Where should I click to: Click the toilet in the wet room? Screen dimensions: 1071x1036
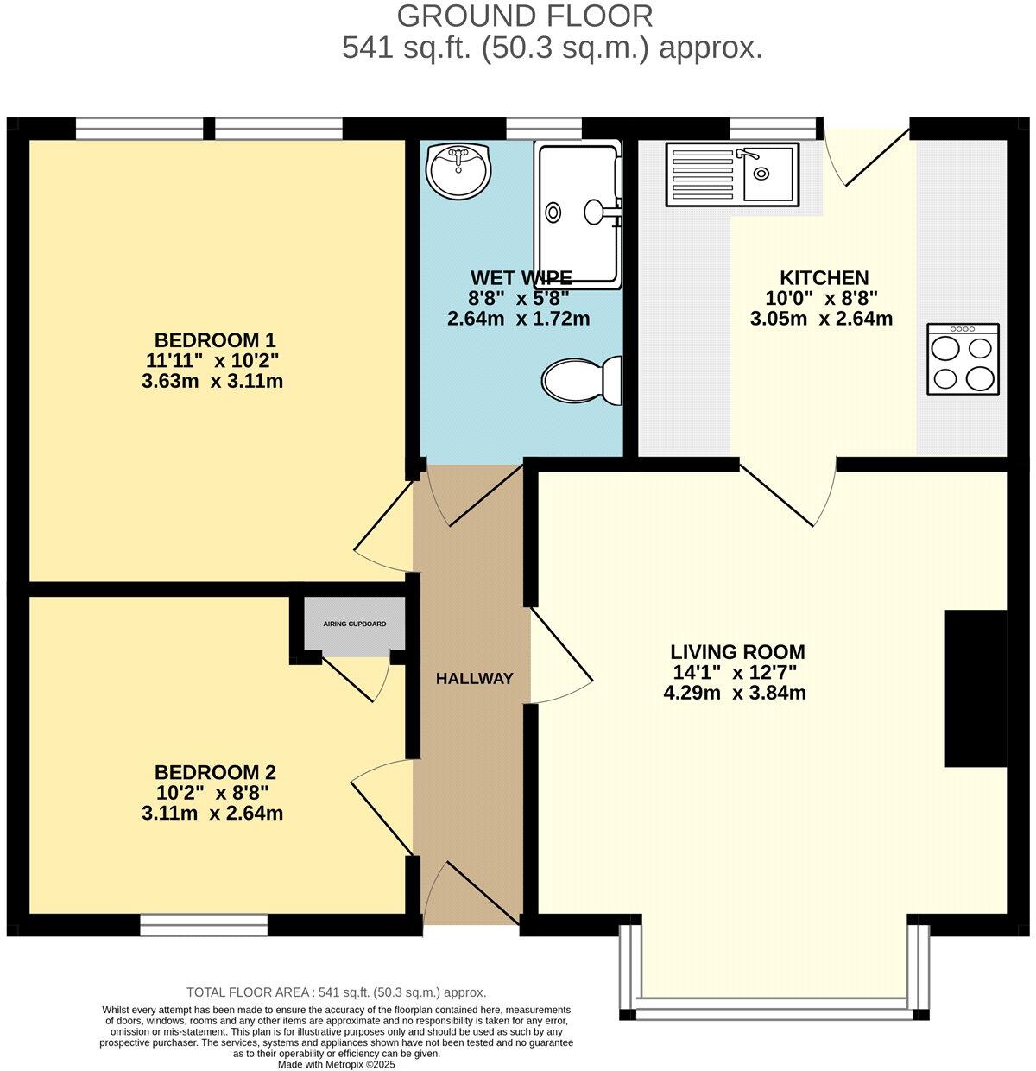coord(583,380)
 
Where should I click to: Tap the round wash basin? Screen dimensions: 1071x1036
coord(458,168)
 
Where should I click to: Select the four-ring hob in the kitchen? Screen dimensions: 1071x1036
coord(963,359)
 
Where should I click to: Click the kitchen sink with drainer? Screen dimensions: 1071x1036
coord(732,175)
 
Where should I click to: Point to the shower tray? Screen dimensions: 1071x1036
coord(578,214)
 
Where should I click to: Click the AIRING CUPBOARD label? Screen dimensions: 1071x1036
coord(354,624)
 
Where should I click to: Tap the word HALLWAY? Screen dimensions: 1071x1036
coord(474,679)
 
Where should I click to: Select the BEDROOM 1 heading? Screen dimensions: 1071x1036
coord(214,339)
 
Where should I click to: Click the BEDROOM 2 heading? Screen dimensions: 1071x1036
coord(214,772)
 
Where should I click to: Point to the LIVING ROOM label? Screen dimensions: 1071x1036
coord(737,652)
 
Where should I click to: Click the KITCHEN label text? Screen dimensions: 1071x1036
coord(824,278)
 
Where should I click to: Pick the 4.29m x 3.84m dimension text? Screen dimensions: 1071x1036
coord(735,692)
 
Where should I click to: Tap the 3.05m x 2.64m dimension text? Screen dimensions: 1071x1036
coord(821,318)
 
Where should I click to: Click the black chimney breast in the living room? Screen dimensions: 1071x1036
coord(976,688)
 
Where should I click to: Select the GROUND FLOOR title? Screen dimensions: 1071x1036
coord(524,16)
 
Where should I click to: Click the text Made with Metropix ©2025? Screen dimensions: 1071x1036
coord(336,1064)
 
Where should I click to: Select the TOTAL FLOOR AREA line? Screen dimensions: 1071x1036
coord(336,992)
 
